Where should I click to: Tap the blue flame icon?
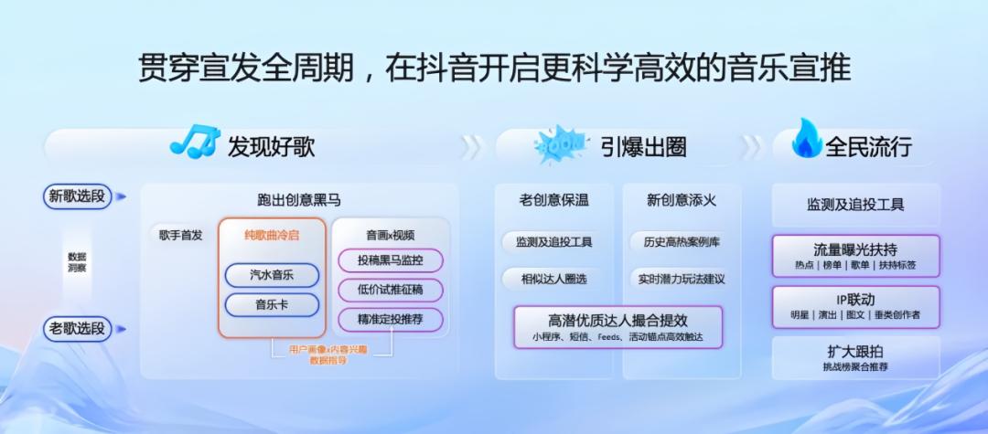(x=806, y=141)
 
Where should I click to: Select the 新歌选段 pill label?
(x=77, y=196)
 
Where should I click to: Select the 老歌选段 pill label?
(x=77, y=327)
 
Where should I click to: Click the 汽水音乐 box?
(x=272, y=275)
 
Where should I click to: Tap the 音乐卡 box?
(x=272, y=304)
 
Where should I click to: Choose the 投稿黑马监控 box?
(x=391, y=260)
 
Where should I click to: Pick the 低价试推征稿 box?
(x=391, y=290)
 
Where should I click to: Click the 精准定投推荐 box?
(x=391, y=320)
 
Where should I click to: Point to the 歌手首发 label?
(x=180, y=235)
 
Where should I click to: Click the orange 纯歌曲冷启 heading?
(x=272, y=235)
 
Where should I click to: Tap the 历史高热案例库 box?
(x=682, y=242)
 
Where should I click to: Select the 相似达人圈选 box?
(x=553, y=279)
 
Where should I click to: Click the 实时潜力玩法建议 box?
(x=682, y=279)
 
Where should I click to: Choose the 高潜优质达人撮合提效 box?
(x=617, y=327)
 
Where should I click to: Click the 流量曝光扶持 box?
(x=855, y=256)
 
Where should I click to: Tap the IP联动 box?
(x=855, y=306)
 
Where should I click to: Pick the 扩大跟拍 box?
(x=855, y=357)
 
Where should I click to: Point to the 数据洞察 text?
(x=77, y=261)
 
